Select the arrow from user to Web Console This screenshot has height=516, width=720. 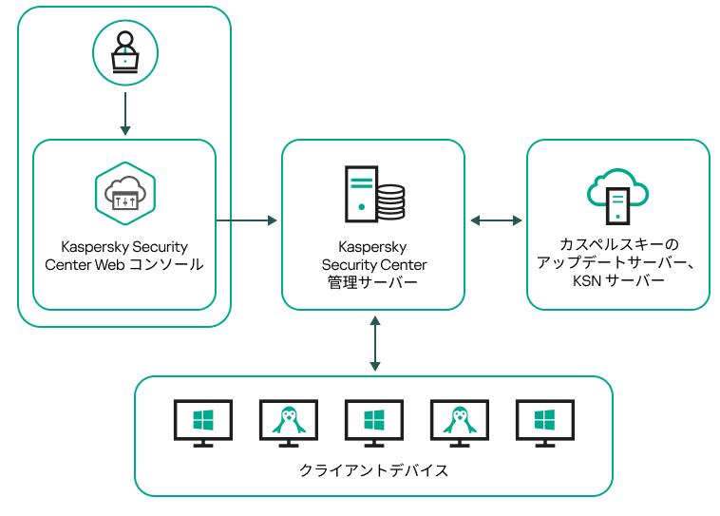click(124, 113)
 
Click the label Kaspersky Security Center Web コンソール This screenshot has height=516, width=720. click(124, 256)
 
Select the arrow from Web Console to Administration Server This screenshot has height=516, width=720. click(247, 220)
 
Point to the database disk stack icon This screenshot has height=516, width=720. click(390, 201)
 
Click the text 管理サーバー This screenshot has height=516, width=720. click(373, 282)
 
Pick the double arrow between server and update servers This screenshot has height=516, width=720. click(496, 220)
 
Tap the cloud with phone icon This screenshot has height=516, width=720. click(617, 196)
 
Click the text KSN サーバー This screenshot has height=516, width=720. click(618, 280)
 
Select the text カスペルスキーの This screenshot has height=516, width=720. click(618, 245)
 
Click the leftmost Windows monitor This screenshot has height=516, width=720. click(203, 422)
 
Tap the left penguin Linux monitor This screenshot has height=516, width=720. click(288, 422)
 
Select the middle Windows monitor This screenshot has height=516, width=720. click(373, 422)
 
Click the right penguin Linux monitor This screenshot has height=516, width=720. click(459, 422)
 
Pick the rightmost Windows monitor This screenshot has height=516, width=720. click(544, 422)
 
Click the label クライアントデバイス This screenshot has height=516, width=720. click(373, 470)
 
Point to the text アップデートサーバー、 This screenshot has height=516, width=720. click(618, 263)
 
